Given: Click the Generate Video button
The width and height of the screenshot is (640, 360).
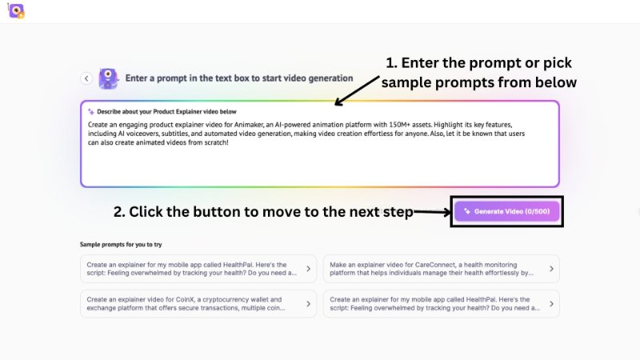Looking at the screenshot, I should coord(507,211).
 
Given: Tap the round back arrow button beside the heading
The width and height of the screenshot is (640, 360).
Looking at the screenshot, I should coord(86,78).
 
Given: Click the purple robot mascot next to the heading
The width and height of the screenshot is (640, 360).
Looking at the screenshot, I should coord(108,78).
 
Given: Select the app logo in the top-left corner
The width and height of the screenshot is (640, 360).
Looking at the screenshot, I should coord(14,11).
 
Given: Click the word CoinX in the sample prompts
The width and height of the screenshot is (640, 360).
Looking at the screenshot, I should coord(164,300).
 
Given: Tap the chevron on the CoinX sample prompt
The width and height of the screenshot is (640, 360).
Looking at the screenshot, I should coord(308,305).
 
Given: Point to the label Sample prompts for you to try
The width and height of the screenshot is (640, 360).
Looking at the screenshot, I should coord(121,244).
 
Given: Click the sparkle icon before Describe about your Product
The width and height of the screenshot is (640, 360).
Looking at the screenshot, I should coord(90,111).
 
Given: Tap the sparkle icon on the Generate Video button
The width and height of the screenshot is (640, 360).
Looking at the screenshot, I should coord(466,211).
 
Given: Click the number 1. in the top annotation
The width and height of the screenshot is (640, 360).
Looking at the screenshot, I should coord(392,63).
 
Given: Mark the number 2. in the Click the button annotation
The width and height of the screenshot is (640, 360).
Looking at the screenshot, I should coord(119,212).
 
